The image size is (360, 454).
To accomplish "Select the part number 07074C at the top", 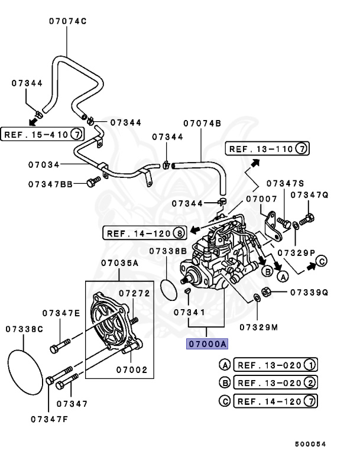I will tap(67, 21).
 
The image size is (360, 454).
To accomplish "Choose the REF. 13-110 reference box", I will tap(267, 148).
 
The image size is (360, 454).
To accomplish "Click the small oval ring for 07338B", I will tap(170, 288).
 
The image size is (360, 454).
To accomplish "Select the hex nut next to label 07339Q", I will tap(266, 292).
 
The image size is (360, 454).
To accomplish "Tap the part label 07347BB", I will tap(50, 184).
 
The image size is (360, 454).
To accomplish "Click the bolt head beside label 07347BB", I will tap(90, 183).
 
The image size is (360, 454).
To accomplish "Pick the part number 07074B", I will tap(202, 123).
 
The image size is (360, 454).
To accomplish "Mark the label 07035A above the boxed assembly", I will tap(119, 262).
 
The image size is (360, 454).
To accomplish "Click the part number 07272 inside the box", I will tap(134, 293).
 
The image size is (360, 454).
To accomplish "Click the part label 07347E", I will tap(61, 313).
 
